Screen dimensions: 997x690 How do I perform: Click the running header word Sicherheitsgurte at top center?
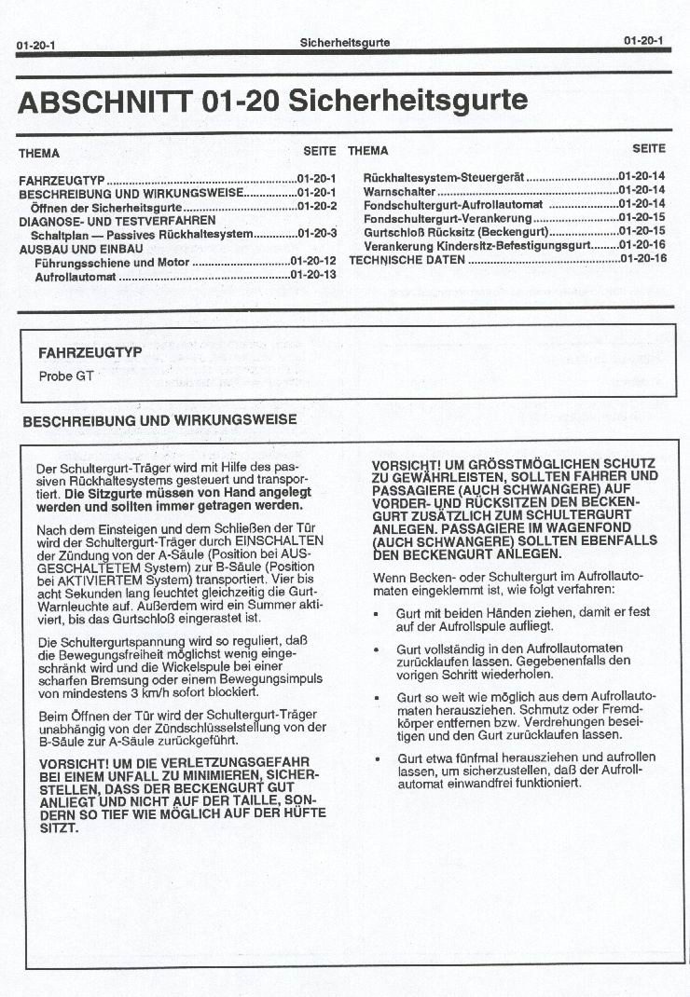pyautogui.click(x=345, y=43)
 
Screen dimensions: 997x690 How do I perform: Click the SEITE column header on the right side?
pyautogui.click(x=649, y=148)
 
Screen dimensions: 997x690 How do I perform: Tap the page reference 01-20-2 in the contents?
pyautogui.click(x=317, y=206)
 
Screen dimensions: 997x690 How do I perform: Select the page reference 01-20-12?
pyautogui.click(x=313, y=262)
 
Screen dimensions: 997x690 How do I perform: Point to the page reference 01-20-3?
pyautogui.click(x=317, y=234)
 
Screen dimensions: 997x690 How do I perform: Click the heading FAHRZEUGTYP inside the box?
pyautogui.click(x=90, y=353)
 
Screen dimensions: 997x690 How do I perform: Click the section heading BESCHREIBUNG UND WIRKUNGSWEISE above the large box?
pyautogui.click(x=159, y=420)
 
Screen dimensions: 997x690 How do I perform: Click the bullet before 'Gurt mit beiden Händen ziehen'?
pyautogui.click(x=375, y=614)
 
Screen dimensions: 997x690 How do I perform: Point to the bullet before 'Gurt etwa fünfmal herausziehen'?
pyautogui.click(x=375, y=758)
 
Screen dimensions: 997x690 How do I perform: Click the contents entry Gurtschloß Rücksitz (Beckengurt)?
pyautogui.click(x=456, y=231)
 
